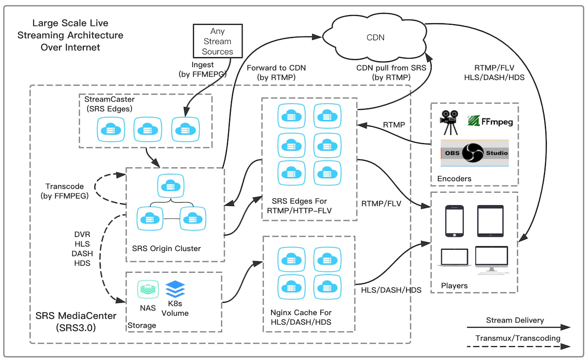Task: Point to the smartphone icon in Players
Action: [x=454, y=220]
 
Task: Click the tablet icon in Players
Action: [x=490, y=220]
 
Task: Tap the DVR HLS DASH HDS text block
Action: [x=82, y=248]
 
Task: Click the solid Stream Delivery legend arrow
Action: [x=518, y=327]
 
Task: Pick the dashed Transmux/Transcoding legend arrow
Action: [x=518, y=346]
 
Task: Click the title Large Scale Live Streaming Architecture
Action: [x=70, y=35]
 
